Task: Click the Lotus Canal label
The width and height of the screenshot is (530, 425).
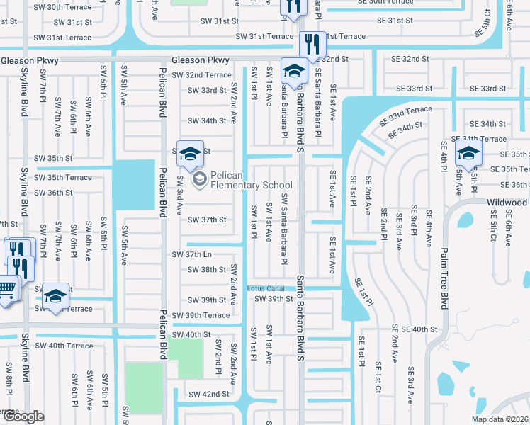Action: coord(265,288)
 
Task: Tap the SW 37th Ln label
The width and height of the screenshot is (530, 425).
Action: coord(193,254)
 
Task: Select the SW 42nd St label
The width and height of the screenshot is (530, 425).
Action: coord(209,394)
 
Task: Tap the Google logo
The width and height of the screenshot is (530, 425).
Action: coord(23,417)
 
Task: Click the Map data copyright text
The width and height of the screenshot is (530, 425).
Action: coord(500,419)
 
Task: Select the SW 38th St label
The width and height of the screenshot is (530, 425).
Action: coord(207,270)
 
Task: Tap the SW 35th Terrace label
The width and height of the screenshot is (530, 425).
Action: coord(64,177)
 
